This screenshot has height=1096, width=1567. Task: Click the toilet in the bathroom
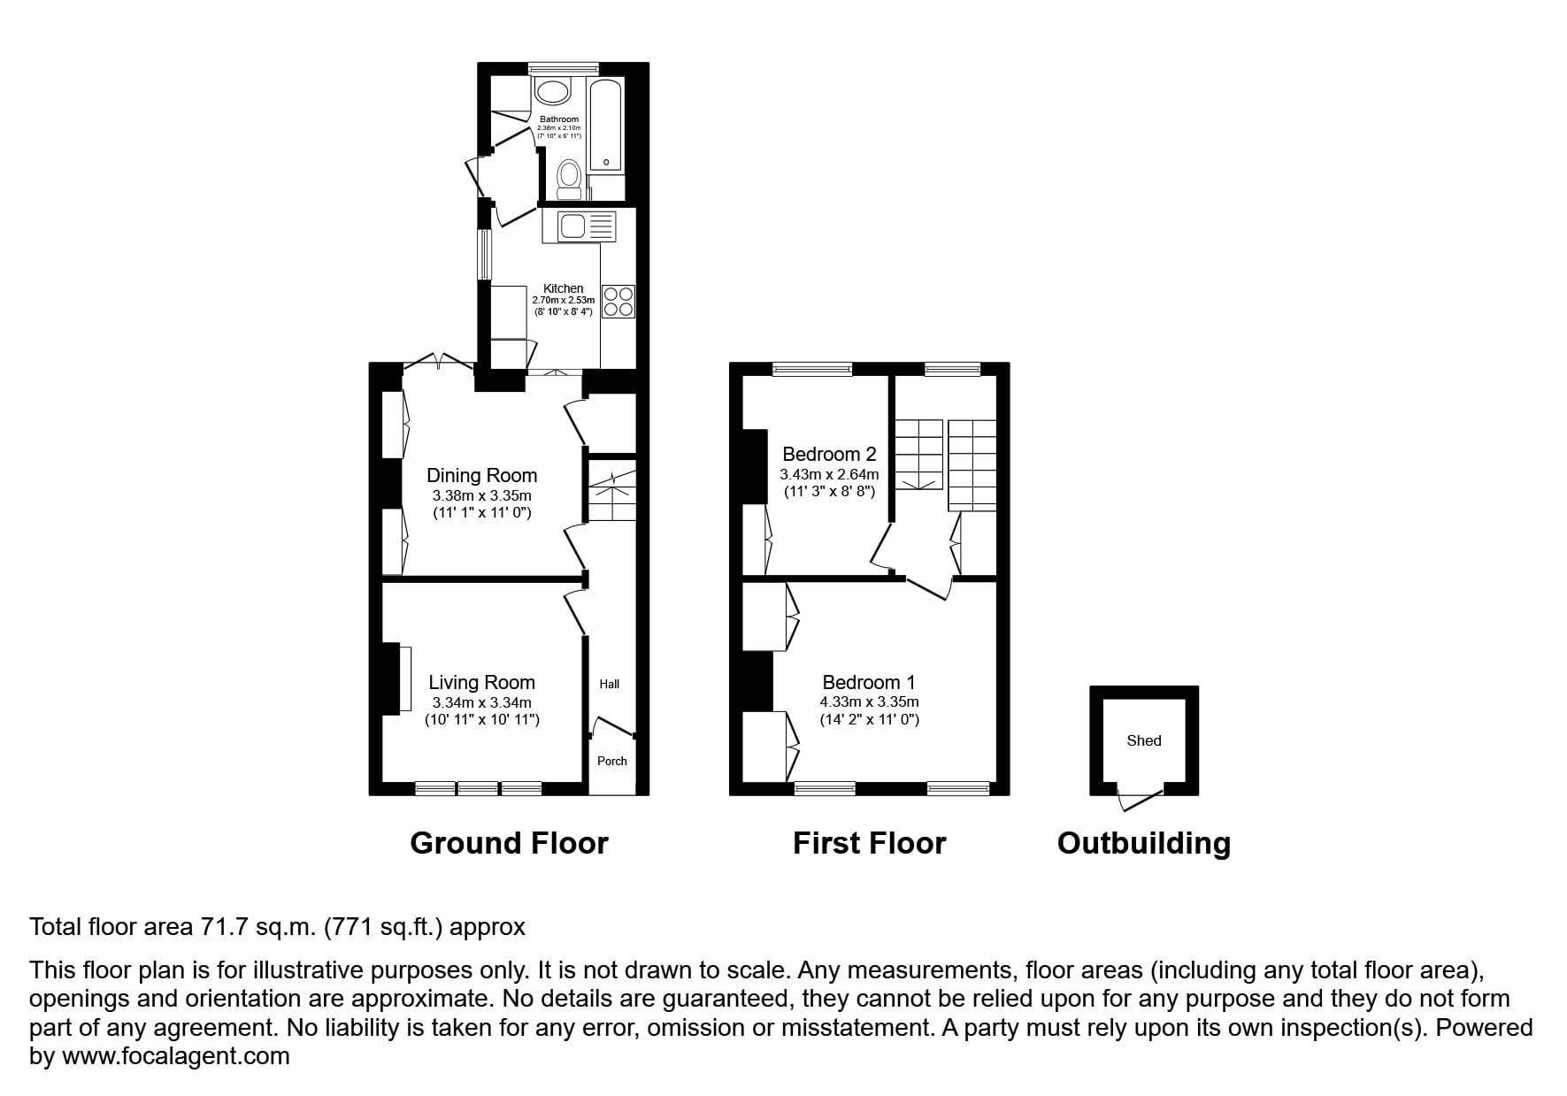(569, 180)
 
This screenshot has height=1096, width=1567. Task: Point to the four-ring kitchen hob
(618, 301)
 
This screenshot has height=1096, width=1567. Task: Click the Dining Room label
(481, 475)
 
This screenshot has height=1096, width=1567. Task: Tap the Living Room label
(481, 682)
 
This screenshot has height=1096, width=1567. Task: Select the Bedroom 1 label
(869, 682)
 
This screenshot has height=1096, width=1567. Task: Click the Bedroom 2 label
(829, 454)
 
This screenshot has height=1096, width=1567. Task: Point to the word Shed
(1144, 740)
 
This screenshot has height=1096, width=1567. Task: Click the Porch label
(612, 761)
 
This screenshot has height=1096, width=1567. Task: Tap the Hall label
(610, 684)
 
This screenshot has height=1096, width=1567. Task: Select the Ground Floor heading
(509, 843)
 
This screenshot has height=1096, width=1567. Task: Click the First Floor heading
(869, 843)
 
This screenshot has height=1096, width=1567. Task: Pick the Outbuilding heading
(1144, 843)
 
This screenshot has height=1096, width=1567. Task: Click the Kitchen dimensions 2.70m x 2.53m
(564, 301)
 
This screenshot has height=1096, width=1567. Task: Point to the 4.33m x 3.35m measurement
(869, 701)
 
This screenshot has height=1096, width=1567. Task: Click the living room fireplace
(396, 678)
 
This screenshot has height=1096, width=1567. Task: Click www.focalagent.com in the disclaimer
(175, 1056)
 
